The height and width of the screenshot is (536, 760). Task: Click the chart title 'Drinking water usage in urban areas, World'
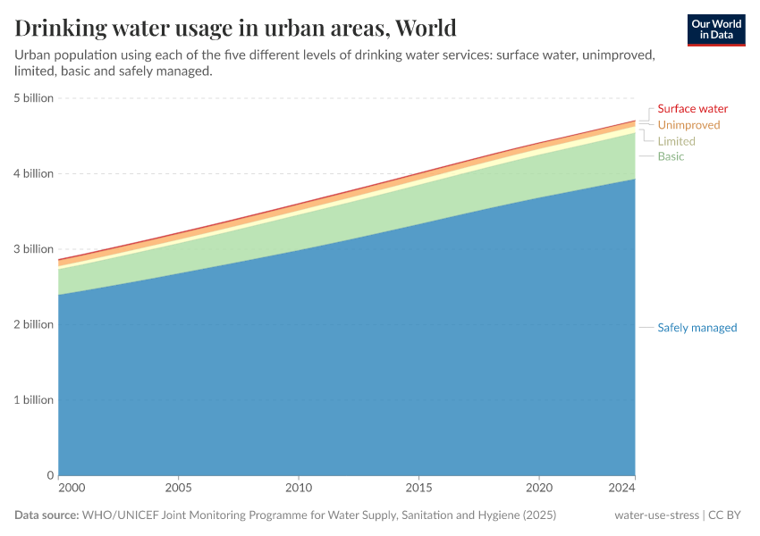pos(235,28)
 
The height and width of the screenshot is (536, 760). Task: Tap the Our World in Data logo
pos(715,29)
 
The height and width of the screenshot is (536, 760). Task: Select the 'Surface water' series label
pos(692,109)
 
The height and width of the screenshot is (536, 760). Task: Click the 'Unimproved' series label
pos(688,125)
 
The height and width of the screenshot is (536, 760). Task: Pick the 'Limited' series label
pos(676,141)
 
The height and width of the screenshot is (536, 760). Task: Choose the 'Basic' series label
pos(671,156)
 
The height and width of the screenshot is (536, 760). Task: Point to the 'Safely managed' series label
pos(697,328)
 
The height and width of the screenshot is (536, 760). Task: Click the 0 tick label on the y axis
pos(50,475)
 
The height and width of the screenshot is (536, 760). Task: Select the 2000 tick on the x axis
pos(71,489)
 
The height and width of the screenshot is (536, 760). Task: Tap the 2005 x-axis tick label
pos(178,489)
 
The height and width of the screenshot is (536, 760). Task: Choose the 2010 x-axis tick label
pos(299,489)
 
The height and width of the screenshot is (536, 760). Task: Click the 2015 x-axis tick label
pos(418,489)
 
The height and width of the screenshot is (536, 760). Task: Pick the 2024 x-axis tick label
pos(622,489)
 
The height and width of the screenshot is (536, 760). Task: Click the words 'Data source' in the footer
pos(46,515)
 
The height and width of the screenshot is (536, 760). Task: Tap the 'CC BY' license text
pos(728,515)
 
